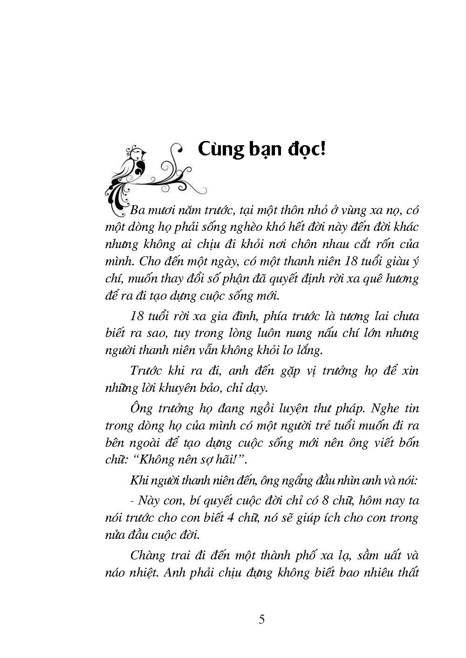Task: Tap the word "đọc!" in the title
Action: [x=306, y=150]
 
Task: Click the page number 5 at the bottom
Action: [x=261, y=620]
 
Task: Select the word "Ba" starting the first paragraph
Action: [x=138, y=210]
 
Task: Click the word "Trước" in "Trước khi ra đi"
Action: [x=144, y=371]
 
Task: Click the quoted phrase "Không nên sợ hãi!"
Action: [x=191, y=459]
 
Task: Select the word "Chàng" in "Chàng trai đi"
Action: [x=148, y=556]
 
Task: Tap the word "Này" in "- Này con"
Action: [x=150, y=501]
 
